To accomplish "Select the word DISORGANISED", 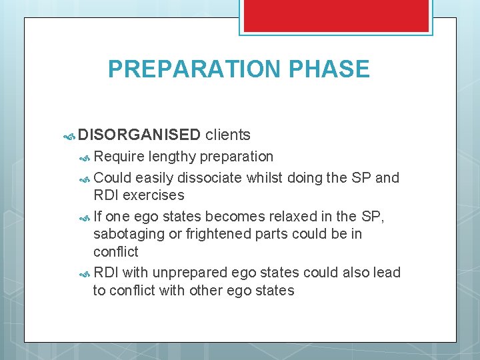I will click(139, 135).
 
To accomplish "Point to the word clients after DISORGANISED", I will click(228, 135).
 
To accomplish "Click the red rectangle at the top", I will click(335, 15).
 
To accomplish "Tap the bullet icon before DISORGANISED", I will click(69, 136).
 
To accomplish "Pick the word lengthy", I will click(172, 157).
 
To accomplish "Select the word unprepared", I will click(190, 273).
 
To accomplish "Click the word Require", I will click(119, 157).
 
